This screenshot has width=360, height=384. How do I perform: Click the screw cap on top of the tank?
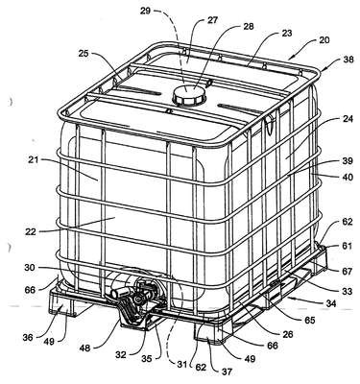pyautogui.click(x=187, y=94)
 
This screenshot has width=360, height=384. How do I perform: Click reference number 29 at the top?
pyautogui.click(x=146, y=11)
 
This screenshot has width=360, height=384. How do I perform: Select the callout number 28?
pyautogui.click(x=248, y=26)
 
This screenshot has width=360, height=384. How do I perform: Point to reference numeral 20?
pyautogui.click(x=324, y=40)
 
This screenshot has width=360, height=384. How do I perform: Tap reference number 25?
pyautogui.click(x=84, y=53)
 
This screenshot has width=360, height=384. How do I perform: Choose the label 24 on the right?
pyautogui.click(x=348, y=119)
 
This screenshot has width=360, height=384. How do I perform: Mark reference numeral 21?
pyautogui.click(x=33, y=159)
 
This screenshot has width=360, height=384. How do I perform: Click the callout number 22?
pyautogui.click(x=31, y=232)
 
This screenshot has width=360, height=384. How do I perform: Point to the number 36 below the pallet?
pyautogui.click(x=28, y=337)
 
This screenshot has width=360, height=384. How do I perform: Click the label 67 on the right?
pyautogui.click(x=347, y=272)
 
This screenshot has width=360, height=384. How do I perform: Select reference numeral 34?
pyautogui.click(x=331, y=303)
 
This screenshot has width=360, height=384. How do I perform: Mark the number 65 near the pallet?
pyautogui.click(x=309, y=320)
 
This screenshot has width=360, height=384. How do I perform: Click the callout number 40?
pyautogui.click(x=348, y=177)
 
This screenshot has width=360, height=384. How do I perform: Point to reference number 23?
pyautogui.click(x=287, y=34)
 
